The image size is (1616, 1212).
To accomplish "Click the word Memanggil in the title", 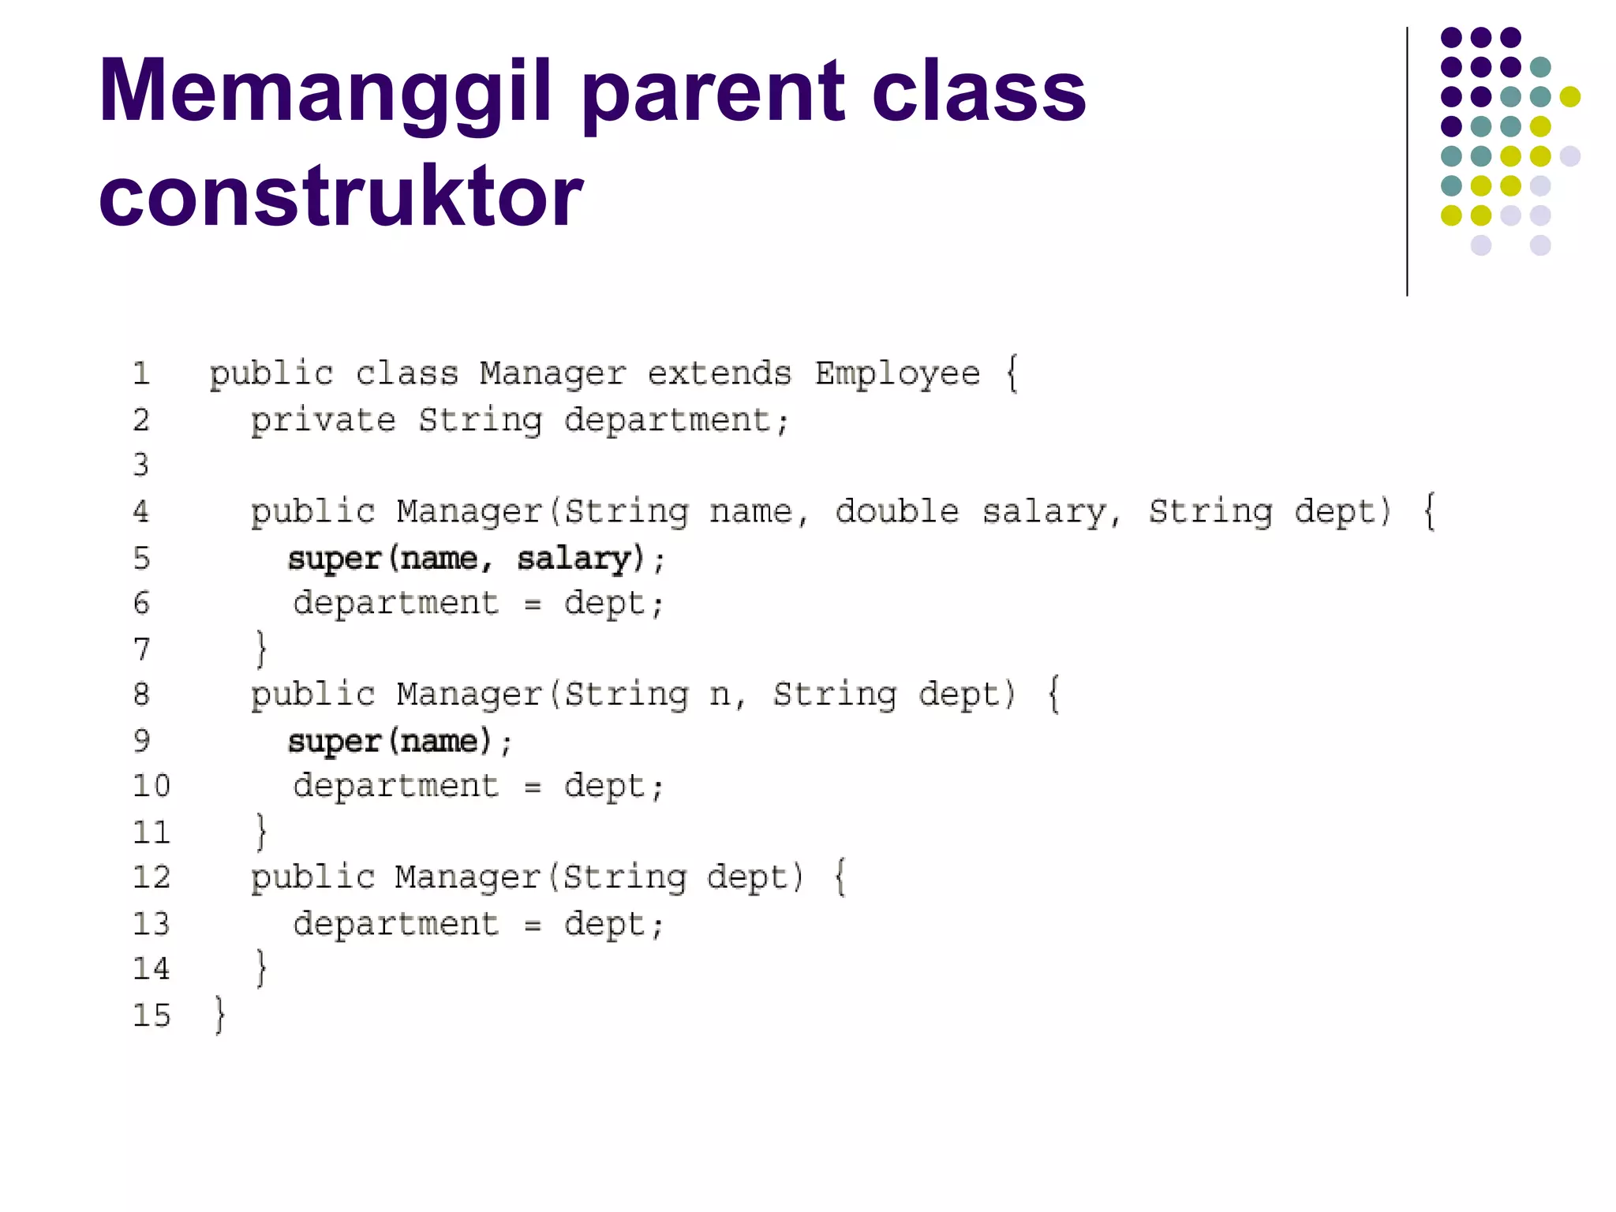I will tap(324, 93).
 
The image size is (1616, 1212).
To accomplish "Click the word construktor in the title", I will tap(340, 196).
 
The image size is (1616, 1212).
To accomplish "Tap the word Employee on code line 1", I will tap(897, 373).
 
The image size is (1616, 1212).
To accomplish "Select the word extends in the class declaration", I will tap(719, 373).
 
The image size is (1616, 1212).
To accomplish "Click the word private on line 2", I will tap(323, 421).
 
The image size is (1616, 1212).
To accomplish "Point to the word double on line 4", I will tap(897, 512).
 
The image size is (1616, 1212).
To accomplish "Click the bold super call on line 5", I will tap(335, 559).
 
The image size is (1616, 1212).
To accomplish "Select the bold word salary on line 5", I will tap(574, 559).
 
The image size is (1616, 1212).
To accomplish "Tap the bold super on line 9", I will tap(335, 742).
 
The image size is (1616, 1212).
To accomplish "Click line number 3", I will tap(141, 466).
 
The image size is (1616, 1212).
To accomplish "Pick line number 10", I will tap(151, 786).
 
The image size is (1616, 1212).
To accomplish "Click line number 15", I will tap(151, 1015).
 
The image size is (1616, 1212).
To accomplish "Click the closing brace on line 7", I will tap(261, 649).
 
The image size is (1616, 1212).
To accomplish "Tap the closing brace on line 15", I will tap(220, 1015).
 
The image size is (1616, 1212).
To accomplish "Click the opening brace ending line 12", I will tap(840, 877).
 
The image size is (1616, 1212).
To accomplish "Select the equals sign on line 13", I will tap(533, 925).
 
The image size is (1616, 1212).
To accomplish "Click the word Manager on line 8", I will tap(469, 694).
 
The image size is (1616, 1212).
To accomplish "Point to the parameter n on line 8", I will tap(719, 695).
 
